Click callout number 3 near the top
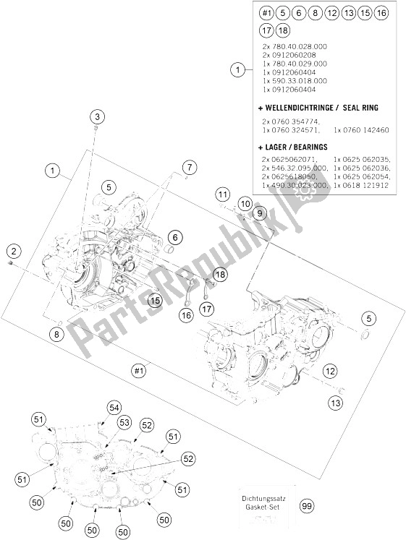98,116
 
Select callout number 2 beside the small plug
12,251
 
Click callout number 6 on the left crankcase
174,236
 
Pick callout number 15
155,299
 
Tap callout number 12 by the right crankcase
330,371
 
